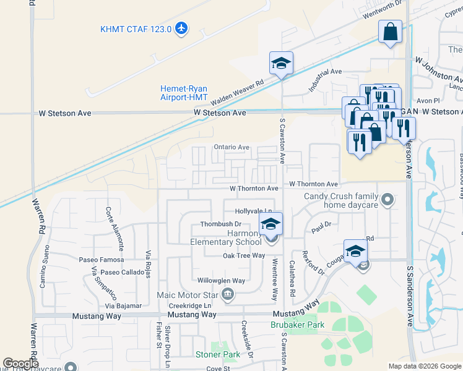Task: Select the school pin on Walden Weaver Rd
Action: tap(281, 63)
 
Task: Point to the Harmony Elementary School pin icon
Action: tap(270, 226)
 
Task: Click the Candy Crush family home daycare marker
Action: tap(387, 199)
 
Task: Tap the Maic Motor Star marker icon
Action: tap(228, 294)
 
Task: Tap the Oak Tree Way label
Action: tap(244, 255)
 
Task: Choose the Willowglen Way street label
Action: tap(222, 281)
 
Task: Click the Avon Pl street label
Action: tap(428, 100)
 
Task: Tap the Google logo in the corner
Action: tap(20, 364)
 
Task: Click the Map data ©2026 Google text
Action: tap(424, 366)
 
